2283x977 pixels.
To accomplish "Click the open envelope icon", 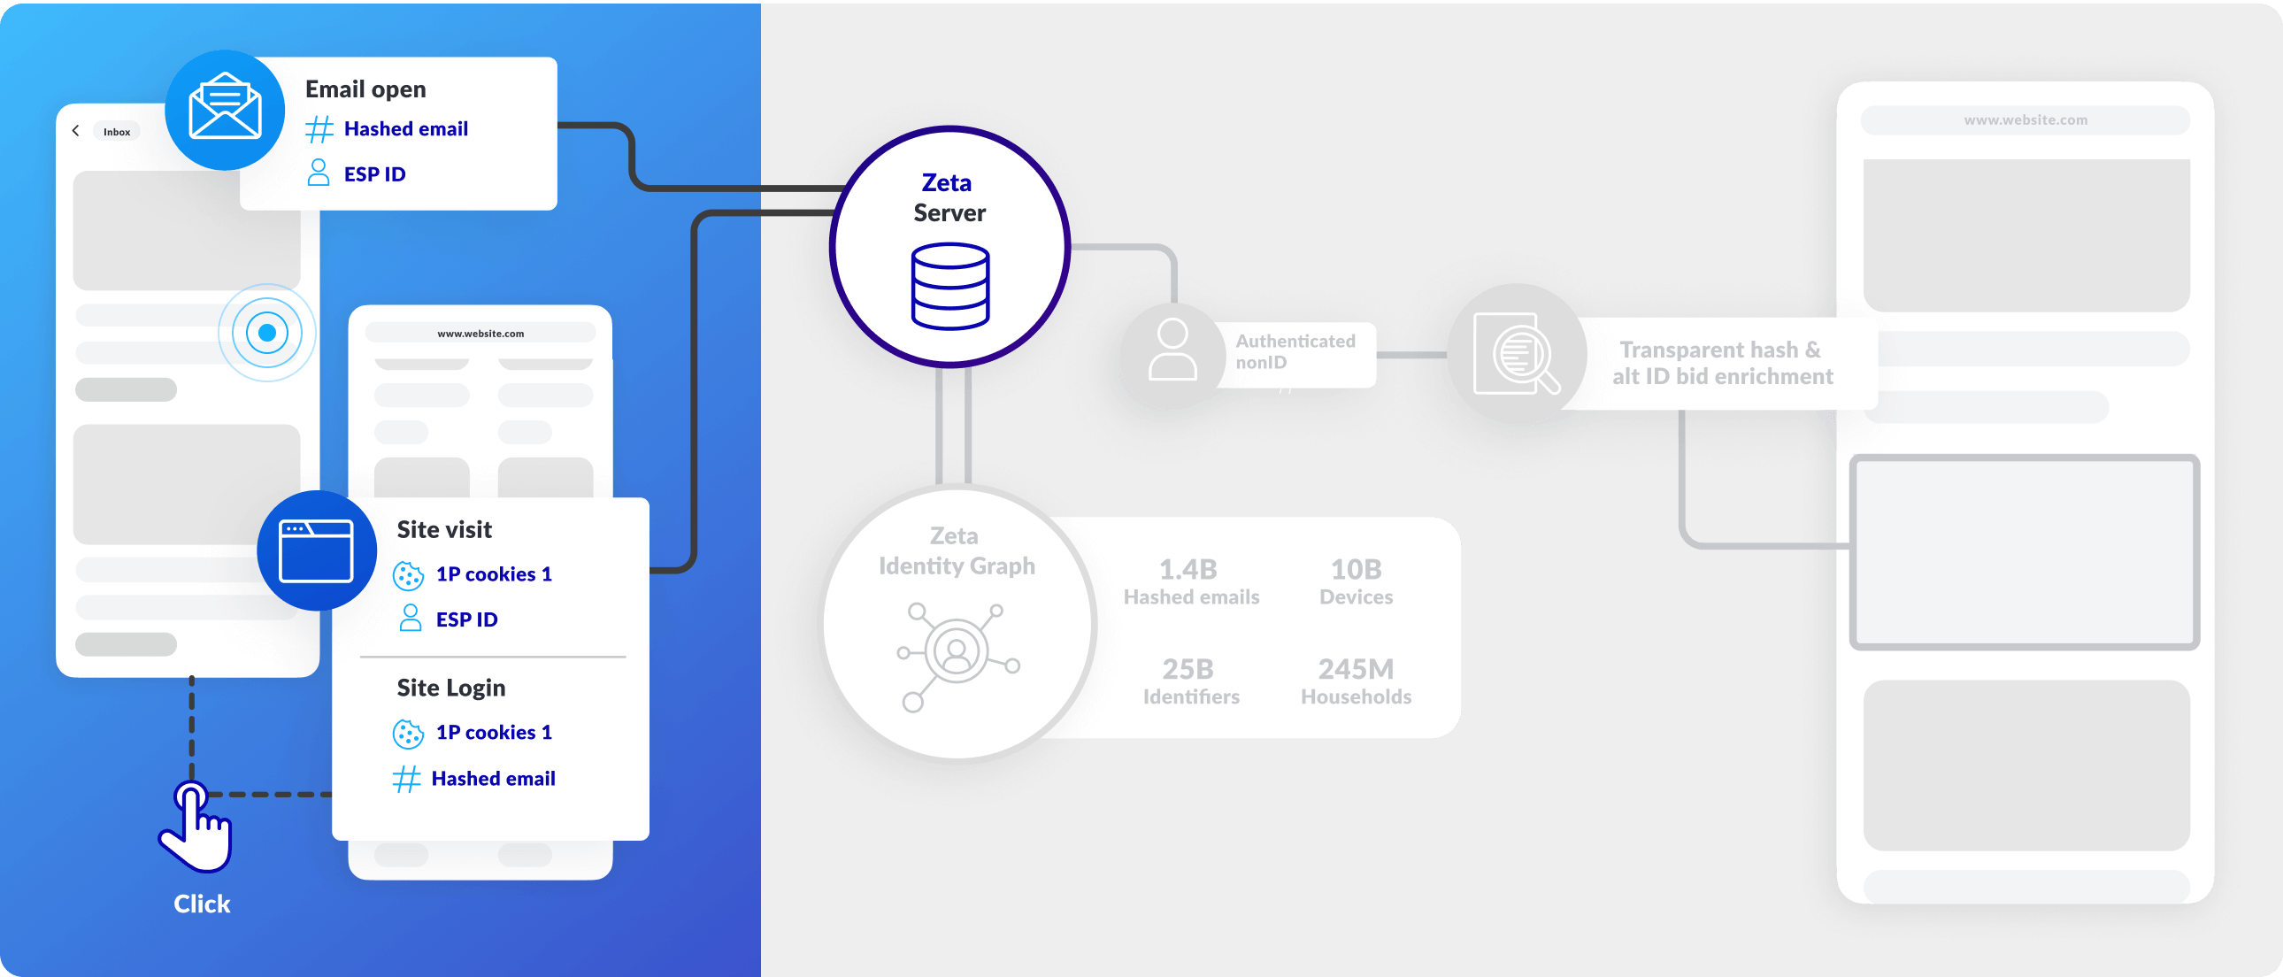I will tap(225, 108).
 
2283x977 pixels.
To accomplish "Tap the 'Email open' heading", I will tap(365, 89).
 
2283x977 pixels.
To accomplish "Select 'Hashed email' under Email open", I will tap(405, 129).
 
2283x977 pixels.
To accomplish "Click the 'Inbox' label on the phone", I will tap(116, 132).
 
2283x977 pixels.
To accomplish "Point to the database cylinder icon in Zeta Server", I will tap(949, 287).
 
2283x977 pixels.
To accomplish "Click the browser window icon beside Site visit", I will tap(316, 550).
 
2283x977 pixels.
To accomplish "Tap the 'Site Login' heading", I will tap(451, 688).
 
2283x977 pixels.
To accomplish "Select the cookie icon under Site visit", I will tap(408, 575).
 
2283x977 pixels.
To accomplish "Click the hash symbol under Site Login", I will tap(406, 780).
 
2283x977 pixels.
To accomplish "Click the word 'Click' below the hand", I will tap(202, 904).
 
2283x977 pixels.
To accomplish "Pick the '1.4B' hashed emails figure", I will tap(1188, 569).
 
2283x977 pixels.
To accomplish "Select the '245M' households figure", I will tap(1355, 668).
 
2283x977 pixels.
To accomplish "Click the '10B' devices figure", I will tap(1355, 569).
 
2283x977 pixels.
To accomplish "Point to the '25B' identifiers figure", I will tap(1188, 668).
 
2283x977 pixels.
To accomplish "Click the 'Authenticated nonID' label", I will tap(1294, 352).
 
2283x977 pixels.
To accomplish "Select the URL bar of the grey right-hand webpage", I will tap(2025, 120).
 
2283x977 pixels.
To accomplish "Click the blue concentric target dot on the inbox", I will tap(266, 334).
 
